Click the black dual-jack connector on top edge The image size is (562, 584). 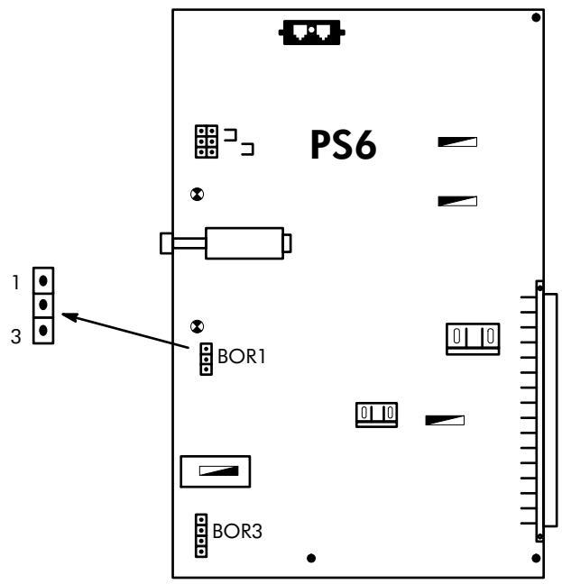click(x=312, y=32)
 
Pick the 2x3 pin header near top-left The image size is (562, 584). click(x=206, y=141)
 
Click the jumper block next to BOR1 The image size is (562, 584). click(x=206, y=358)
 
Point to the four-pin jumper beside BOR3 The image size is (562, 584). click(x=202, y=534)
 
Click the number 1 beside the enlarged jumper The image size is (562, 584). click(x=15, y=281)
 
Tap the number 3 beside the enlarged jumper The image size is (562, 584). click(x=15, y=333)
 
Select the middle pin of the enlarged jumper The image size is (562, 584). click(x=42, y=306)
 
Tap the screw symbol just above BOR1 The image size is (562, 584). click(x=197, y=326)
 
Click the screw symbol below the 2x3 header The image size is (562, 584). click(x=197, y=193)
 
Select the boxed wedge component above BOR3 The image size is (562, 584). click(x=215, y=470)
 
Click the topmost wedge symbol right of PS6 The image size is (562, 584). click(x=457, y=141)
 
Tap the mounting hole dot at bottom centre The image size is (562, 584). click(x=311, y=558)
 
